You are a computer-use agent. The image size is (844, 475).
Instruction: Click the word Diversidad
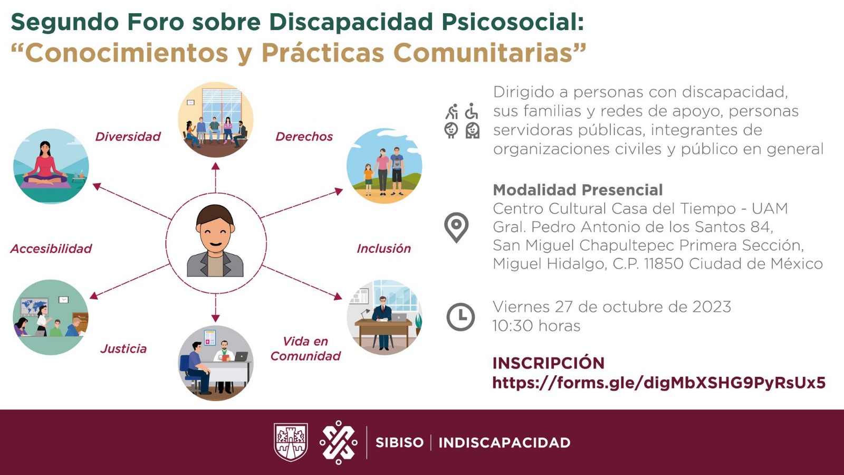click(x=128, y=137)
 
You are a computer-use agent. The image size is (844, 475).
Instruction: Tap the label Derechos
click(x=304, y=137)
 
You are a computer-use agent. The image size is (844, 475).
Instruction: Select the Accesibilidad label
click(x=51, y=249)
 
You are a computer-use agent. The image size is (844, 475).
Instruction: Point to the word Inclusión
click(x=383, y=249)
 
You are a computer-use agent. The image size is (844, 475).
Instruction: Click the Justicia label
click(x=123, y=349)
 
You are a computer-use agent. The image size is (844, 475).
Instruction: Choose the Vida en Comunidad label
click(x=305, y=349)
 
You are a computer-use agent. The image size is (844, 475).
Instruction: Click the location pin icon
click(x=456, y=227)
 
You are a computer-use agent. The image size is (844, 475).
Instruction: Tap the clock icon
click(x=461, y=317)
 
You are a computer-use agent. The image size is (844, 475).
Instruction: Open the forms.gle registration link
click(x=658, y=383)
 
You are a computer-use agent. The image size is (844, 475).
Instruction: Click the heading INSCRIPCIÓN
click(x=548, y=363)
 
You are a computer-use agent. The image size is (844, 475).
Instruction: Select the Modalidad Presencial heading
click(x=578, y=190)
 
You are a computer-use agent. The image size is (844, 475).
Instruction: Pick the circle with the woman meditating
click(x=51, y=166)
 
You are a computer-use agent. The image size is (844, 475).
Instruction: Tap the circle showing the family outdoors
click(x=384, y=166)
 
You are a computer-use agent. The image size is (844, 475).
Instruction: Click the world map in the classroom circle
click(x=34, y=307)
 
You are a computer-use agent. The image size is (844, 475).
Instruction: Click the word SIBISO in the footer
click(x=399, y=442)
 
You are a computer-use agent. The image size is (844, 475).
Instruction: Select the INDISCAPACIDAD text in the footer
click(x=504, y=442)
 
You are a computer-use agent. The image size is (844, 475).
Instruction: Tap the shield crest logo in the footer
click(x=291, y=442)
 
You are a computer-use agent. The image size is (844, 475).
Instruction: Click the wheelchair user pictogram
click(x=472, y=111)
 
